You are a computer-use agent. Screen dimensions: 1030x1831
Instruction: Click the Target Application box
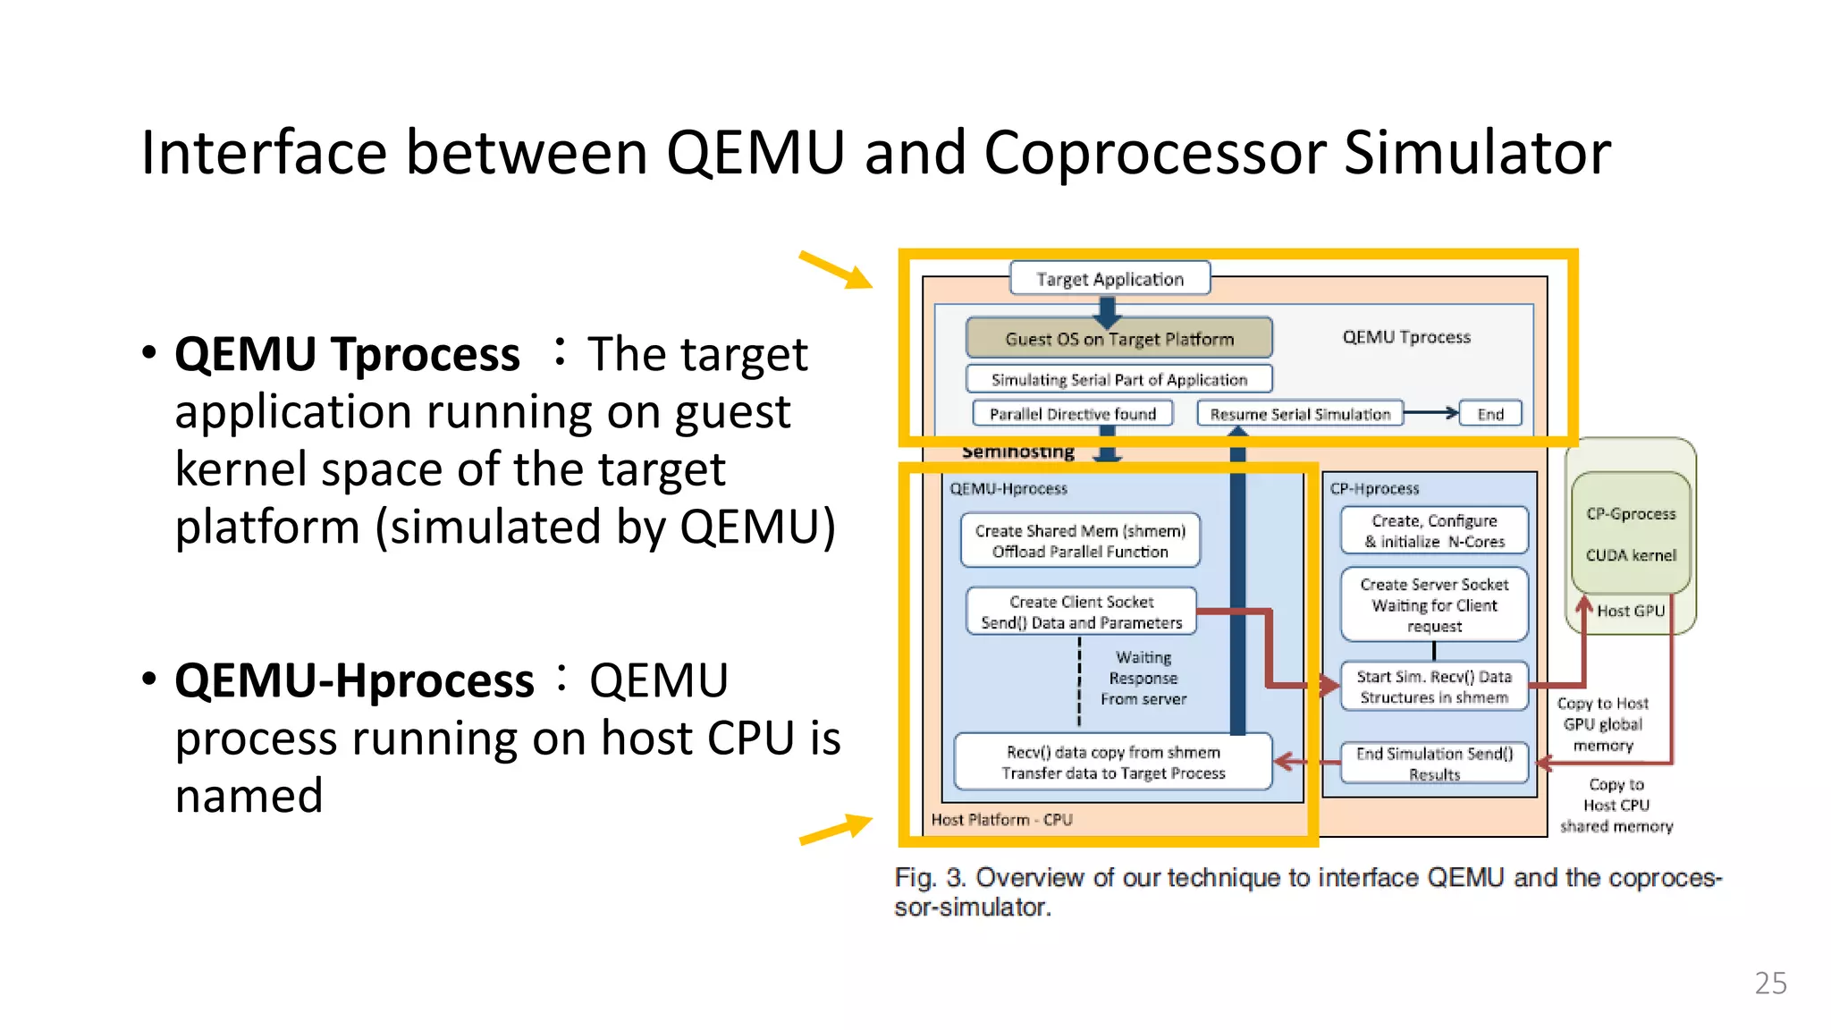coord(1110,278)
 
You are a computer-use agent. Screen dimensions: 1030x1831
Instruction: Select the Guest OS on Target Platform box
coord(1118,339)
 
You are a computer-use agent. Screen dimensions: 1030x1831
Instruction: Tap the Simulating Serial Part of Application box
coord(1118,379)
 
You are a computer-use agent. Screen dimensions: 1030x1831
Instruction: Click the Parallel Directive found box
coord(1072,414)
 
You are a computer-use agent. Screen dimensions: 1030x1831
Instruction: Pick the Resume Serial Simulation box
coord(1300,414)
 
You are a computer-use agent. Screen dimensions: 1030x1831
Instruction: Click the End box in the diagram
coord(1489,414)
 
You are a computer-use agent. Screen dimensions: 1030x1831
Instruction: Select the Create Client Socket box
coord(1081,612)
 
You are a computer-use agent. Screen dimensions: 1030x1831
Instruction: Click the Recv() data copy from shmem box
coord(1113,762)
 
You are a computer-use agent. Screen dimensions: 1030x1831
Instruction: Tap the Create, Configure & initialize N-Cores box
coord(1434,530)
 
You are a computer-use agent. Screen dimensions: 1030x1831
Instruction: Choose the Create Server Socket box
coord(1434,604)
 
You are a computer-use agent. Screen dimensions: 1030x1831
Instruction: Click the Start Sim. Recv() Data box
coord(1434,687)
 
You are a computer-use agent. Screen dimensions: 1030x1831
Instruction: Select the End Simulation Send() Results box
coord(1434,763)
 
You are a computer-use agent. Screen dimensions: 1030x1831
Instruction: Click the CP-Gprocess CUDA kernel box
coord(1631,534)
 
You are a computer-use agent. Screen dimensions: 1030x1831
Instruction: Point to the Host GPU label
coord(1631,611)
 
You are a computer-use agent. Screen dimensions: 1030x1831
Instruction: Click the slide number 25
coord(1770,983)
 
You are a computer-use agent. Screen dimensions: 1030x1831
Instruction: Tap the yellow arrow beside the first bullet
coord(836,270)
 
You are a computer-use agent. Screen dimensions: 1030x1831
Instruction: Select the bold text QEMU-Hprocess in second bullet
coord(354,680)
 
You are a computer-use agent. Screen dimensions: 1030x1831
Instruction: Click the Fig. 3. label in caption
coord(930,877)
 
